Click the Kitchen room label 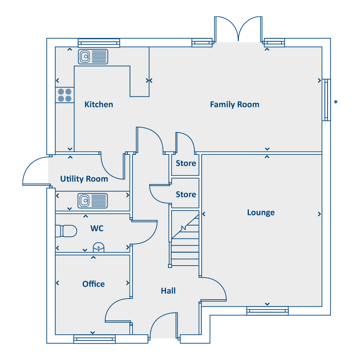(x=99, y=104)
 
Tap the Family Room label (x=235, y=105)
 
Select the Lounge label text (x=261, y=213)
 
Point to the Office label (x=94, y=284)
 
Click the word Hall (x=168, y=291)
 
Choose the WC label (x=97, y=228)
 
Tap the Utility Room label (x=84, y=179)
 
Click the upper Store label (x=186, y=163)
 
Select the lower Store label (x=186, y=194)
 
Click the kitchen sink (x=93, y=56)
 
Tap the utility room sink (x=93, y=201)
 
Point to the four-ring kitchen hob (x=65, y=95)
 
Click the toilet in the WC (x=66, y=231)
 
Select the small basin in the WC (x=98, y=248)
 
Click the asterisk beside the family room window (x=336, y=102)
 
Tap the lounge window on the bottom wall (x=268, y=311)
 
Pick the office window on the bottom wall (x=94, y=339)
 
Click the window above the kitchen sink (x=99, y=43)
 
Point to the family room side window (x=326, y=100)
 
